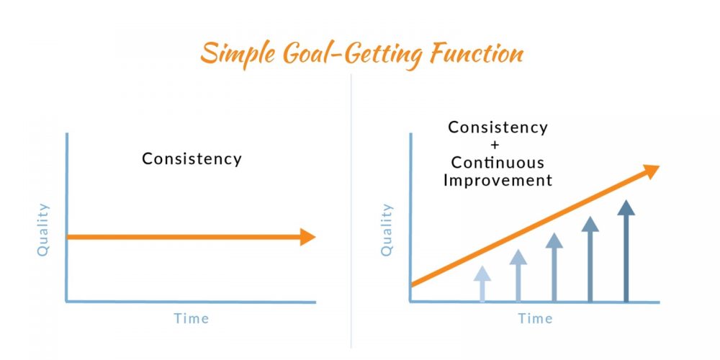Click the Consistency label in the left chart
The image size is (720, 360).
click(x=192, y=159)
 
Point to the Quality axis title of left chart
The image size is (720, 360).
click(x=42, y=229)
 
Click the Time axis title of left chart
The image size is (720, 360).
click(x=192, y=318)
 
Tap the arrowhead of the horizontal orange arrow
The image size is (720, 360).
click(x=307, y=237)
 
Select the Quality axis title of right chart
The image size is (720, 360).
click(x=387, y=229)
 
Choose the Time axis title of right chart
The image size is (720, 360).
click(x=536, y=318)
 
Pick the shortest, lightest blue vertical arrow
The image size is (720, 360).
click(x=482, y=284)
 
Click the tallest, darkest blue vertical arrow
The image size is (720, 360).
click(x=626, y=251)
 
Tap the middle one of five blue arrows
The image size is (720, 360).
click(x=554, y=267)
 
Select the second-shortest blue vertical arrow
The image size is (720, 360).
click(x=518, y=276)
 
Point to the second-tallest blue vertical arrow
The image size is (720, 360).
click(x=590, y=259)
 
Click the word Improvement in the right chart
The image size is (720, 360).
click(x=498, y=180)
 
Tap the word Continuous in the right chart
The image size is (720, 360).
click(x=498, y=163)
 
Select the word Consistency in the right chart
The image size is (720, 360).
click(x=498, y=127)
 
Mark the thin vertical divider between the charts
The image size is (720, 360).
click(x=351, y=211)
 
